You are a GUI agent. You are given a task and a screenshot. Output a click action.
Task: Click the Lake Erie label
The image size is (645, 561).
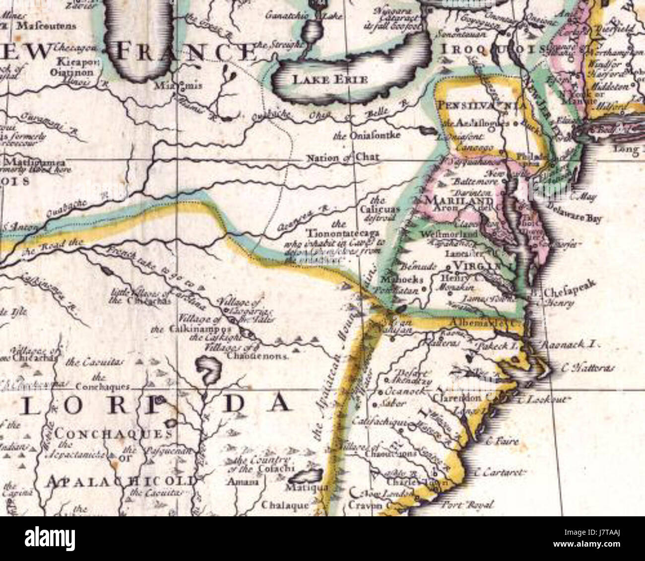(x=322, y=79)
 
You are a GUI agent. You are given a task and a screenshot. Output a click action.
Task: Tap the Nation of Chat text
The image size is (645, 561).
(x=343, y=158)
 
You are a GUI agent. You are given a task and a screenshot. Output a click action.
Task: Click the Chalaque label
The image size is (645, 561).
(x=285, y=505)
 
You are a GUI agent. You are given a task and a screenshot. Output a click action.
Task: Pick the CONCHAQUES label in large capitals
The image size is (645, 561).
(x=114, y=433)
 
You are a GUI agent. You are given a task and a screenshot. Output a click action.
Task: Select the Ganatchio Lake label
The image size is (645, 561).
(x=308, y=16)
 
